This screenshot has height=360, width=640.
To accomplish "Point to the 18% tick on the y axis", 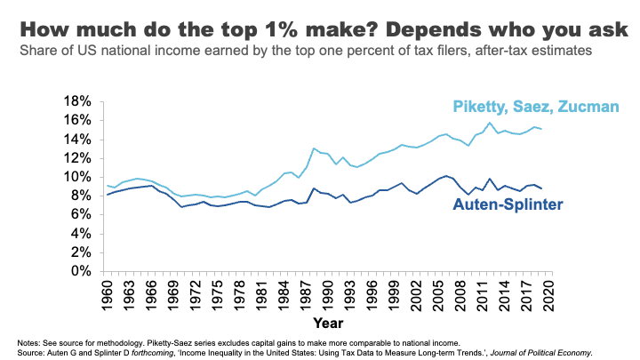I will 83,100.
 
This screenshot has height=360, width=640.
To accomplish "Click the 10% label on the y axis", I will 83,176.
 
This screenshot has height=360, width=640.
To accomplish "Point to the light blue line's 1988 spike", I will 314,148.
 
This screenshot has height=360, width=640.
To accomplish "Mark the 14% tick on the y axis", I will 83,139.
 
